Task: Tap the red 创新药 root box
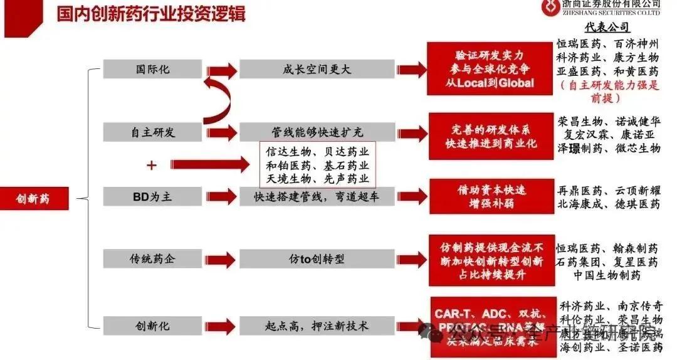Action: click(33, 199)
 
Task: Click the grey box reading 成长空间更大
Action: click(317, 70)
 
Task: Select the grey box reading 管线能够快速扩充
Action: click(317, 132)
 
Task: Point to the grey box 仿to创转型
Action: click(317, 258)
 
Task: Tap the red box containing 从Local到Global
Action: click(491, 69)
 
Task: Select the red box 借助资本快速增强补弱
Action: click(491, 196)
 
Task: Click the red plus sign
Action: click(150, 165)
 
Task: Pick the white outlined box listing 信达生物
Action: click(317, 165)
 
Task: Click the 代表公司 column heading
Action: click(607, 28)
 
